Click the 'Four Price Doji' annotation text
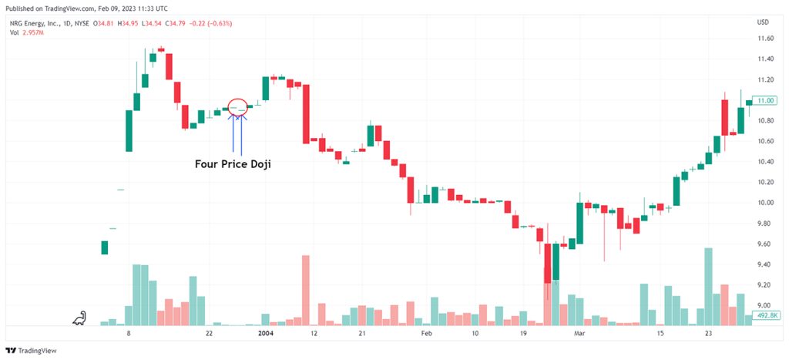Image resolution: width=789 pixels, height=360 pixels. point(233,163)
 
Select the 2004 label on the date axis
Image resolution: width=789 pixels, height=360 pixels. point(266,333)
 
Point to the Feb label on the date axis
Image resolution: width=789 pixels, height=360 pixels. point(427,333)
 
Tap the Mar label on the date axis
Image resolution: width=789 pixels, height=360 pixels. point(579,333)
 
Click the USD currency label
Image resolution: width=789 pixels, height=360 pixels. point(763,22)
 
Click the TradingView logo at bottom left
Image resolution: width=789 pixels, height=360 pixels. point(31,351)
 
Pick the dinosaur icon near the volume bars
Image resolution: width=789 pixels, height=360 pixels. point(79,318)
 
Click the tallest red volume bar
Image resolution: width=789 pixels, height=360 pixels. point(305,290)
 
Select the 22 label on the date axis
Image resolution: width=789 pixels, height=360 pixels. point(210,333)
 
